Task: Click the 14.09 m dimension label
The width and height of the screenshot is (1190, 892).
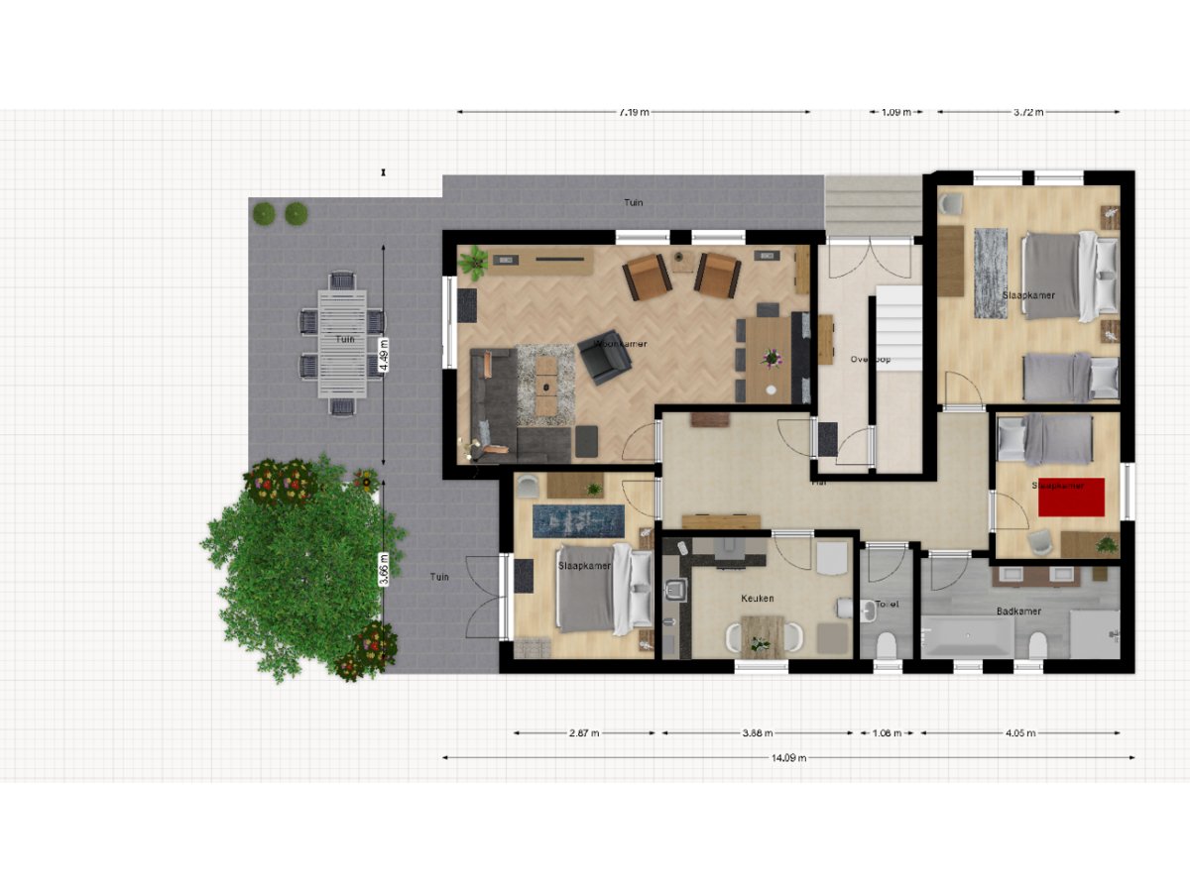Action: (x=788, y=758)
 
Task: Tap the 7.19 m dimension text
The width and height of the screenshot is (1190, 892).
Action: (x=634, y=112)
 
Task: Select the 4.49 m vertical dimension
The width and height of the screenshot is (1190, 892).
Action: (x=384, y=354)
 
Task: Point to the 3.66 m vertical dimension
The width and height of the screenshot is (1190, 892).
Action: (x=384, y=569)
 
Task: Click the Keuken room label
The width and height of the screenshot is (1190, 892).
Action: (x=757, y=599)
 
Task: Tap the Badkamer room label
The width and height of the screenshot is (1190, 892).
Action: (x=1018, y=612)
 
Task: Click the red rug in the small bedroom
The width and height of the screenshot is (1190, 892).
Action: (x=1071, y=498)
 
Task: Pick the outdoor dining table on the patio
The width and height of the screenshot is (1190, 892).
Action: (x=342, y=343)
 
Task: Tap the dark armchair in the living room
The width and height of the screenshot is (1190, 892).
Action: (x=604, y=358)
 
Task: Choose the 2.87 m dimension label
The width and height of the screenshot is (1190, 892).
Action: (x=584, y=733)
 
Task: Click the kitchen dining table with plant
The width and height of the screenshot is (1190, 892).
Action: (x=762, y=635)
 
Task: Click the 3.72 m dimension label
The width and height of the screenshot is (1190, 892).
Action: (x=1028, y=112)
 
